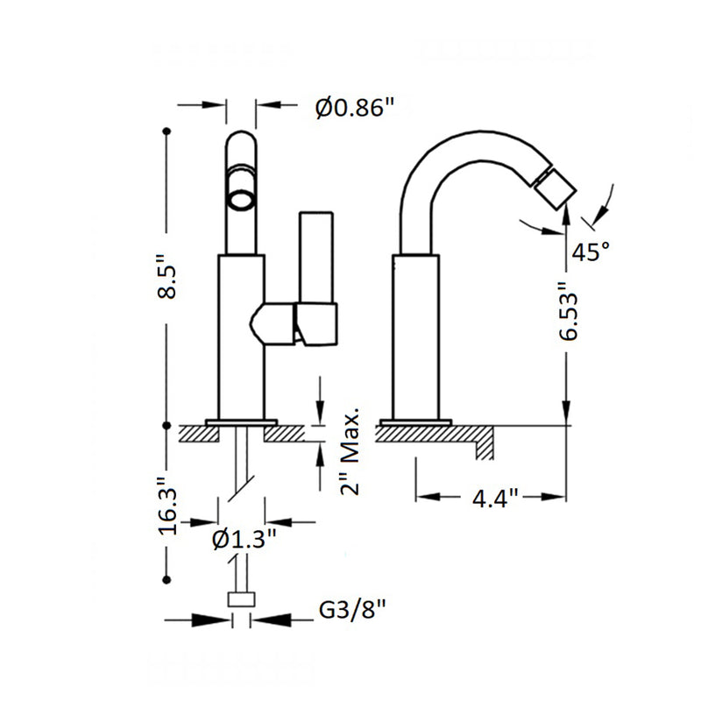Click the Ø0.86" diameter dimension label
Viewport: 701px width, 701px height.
point(354,108)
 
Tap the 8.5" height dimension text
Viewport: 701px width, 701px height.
point(166,278)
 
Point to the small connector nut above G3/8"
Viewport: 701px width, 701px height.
point(242,599)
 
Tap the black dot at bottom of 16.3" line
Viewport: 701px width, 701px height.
point(166,579)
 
